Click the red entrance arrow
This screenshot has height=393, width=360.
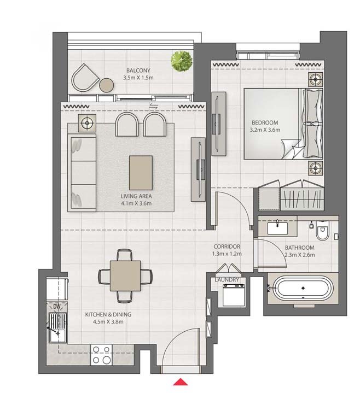[x=180, y=382]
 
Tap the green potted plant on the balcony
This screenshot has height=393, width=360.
[x=182, y=61]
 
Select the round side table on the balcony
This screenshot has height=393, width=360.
[x=107, y=85]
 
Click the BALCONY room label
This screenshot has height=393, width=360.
[x=138, y=71]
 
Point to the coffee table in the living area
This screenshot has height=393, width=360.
[x=141, y=173]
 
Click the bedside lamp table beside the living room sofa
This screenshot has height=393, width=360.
[x=87, y=123]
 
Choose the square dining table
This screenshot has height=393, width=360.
[x=125, y=275]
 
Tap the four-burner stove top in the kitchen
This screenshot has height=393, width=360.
[x=101, y=355]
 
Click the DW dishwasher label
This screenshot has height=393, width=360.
[x=57, y=306]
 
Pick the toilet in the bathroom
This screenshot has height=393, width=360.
[x=322, y=230]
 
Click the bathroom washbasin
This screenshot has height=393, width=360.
[x=277, y=228]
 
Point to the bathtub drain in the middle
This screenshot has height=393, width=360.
[x=303, y=288]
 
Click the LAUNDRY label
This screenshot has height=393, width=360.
[x=227, y=280]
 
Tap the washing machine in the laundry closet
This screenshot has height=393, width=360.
[x=234, y=295]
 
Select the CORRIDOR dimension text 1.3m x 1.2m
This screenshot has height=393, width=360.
[x=227, y=254]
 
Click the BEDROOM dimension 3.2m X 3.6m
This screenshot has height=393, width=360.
[x=265, y=130]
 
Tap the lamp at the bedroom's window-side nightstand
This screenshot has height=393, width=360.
[x=315, y=80]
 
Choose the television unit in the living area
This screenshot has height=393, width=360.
[x=199, y=169]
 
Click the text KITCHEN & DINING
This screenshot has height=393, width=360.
[x=108, y=314]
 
